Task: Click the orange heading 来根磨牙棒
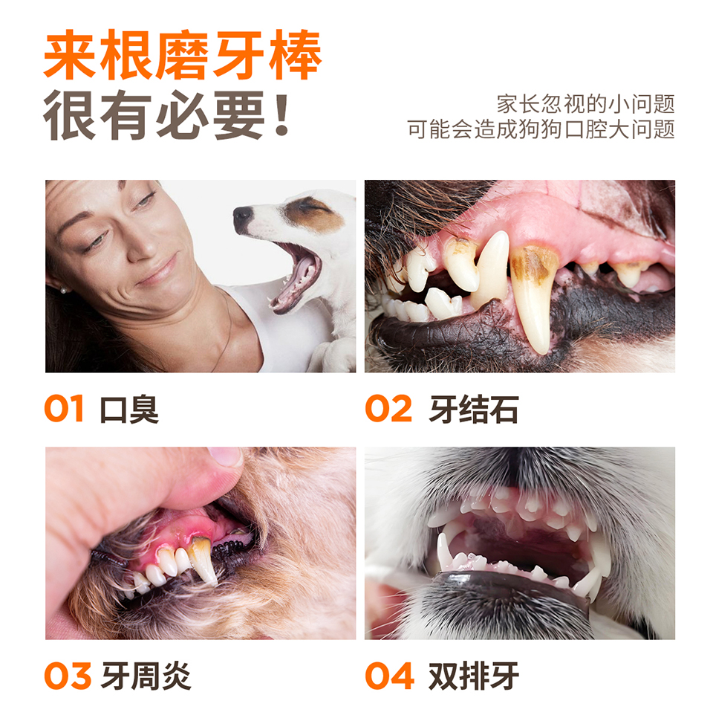[x=183, y=55]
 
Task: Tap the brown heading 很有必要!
[x=166, y=115]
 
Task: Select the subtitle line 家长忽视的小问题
[x=585, y=104]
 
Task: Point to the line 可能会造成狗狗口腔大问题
[x=541, y=129]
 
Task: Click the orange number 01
[x=64, y=408]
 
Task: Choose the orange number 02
[x=388, y=408]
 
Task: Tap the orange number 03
[x=68, y=676]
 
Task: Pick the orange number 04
[x=389, y=676]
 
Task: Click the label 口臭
[x=129, y=409]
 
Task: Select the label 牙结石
[x=474, y=409]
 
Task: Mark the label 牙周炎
[x=146, y=676]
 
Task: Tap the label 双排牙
[x=473, y=676]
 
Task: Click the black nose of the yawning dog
[x=243, y=218]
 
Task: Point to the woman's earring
[x=63, y=290]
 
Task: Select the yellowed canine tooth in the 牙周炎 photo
[x=203, y=560]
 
